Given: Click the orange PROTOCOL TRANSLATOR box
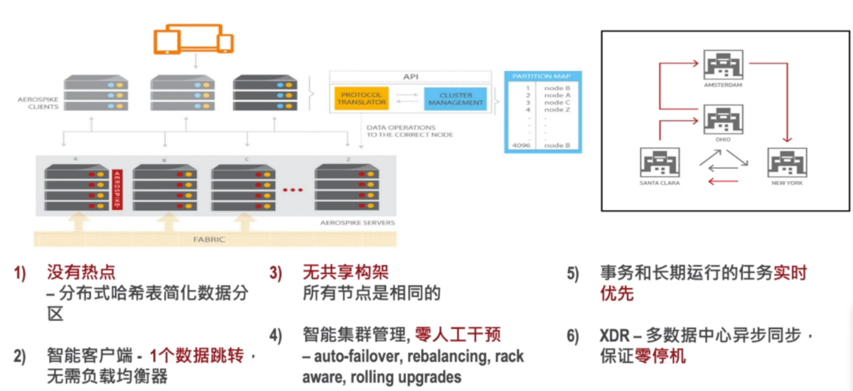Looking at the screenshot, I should (x=363, y=98).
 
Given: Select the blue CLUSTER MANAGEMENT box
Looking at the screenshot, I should (x=456, y=98).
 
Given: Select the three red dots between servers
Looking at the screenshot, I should (x=292, y=190).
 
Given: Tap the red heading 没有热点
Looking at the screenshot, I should (x=81, y=272).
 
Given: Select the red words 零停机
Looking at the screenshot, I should (x=662, y=355).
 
